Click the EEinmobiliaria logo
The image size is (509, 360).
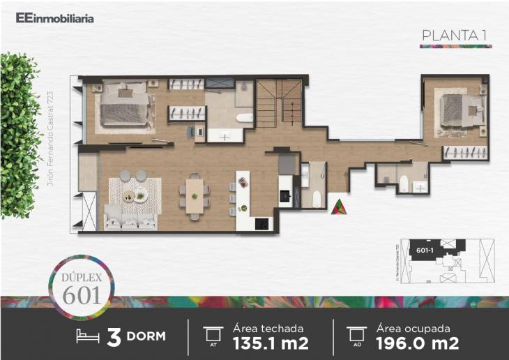click(54, 19)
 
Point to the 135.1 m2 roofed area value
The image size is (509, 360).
click(271, 343)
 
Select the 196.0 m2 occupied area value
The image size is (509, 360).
click(417, 343)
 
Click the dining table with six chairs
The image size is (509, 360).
click(195, 193)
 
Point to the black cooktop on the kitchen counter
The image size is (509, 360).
click(261, 224)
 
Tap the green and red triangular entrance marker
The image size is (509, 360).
click(338, 207)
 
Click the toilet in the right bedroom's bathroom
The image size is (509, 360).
click(404, 183)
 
